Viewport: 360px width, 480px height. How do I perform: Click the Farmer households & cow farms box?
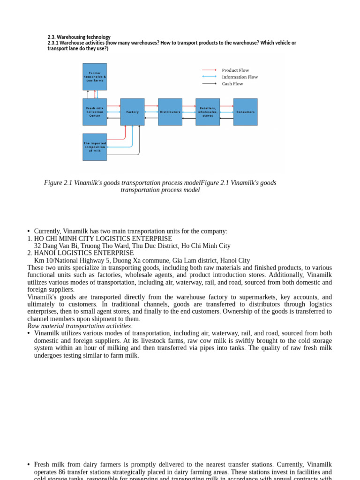point(95,76)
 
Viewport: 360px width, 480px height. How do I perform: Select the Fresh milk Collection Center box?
point(95,112)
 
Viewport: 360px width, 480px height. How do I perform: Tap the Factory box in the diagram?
point(133,112)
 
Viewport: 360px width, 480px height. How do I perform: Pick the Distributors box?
point(170,112)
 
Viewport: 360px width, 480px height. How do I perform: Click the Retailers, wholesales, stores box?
point(208,112)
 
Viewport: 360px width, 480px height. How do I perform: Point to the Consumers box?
point(246,112)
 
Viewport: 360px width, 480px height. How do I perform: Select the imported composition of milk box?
point(95,147)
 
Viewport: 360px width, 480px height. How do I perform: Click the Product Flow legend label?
point(235,70)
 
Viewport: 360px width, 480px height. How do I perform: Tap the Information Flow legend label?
point(240,77)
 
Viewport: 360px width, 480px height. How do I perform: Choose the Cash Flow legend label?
point(232,84)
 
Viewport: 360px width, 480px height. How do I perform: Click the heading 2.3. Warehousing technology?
point(79,37)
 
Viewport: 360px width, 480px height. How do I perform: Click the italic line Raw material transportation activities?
point(80,326)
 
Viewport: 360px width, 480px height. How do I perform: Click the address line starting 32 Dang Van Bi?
point(132,246)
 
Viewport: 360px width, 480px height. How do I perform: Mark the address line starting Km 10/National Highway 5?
point(142,261)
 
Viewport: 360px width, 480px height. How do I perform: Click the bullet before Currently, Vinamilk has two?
point(29,232)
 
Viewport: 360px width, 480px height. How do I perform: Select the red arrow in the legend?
point(209,70)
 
